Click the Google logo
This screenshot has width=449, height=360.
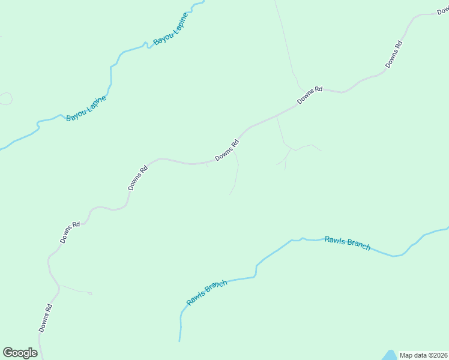(20, 353)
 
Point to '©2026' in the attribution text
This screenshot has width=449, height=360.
(439, 355)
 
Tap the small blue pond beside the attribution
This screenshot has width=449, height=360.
(390, 355)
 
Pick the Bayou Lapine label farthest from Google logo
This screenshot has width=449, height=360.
(170, 28)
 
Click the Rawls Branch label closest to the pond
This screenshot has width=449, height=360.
(348, 243)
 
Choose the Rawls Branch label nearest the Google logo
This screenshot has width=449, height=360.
(206, 292)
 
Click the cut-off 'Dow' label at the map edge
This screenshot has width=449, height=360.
(443, 11)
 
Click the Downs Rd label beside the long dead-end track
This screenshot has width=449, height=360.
(227, 150)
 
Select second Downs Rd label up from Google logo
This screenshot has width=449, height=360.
(70, 233)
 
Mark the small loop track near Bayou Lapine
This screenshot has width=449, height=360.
(5, 98)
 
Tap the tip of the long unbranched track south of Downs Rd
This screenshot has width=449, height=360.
(230, 194)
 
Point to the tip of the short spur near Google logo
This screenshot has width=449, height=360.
(91, 294)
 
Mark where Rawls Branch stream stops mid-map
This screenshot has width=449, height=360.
(179, 341)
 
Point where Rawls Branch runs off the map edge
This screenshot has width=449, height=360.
(447, 228)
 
